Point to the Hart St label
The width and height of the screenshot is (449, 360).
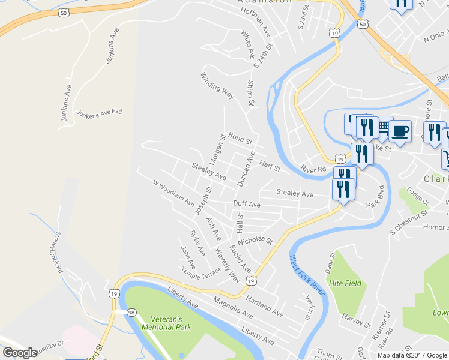[x=270, y=165]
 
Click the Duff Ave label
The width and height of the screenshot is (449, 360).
[x=246, y=204]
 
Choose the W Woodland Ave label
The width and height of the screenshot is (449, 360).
[x=173, y=193]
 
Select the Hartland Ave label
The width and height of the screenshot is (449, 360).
[x=264, y=305]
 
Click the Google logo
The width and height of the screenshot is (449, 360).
[x=20, y=353]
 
